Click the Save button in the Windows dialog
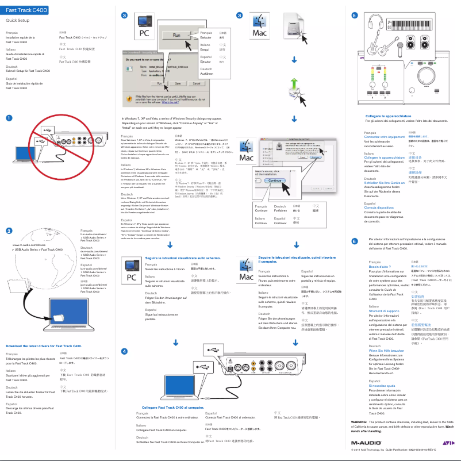(178, 83)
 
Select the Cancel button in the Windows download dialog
(197, 83)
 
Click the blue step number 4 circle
(125, 351)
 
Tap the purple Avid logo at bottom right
(447, 443)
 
